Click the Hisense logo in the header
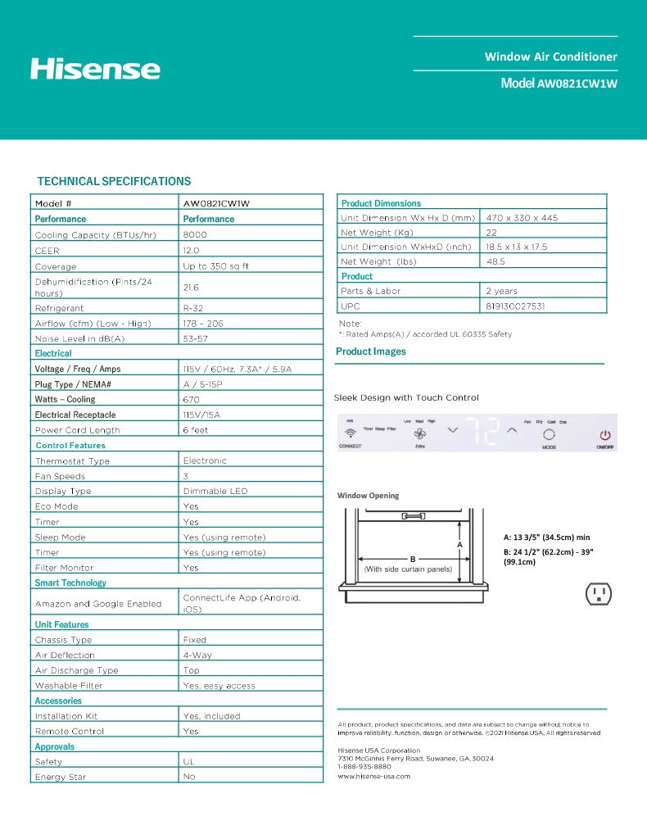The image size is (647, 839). click(x=95, y=68)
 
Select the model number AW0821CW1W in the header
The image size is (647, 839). click(x=577, y=84)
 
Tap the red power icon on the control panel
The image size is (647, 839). click(x=605, y=436)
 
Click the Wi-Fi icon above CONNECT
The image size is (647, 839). click(x=351, y=433)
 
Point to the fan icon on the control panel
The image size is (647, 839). click(x=419, y=434)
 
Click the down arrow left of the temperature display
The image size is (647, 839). click(x=452, y=430)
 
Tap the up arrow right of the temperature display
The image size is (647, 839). click(x=512, y=429)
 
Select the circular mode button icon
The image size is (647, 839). click(x=549, y=435)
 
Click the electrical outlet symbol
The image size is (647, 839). click(x=599, y=593)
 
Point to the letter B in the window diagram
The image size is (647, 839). click(x=413, y=558)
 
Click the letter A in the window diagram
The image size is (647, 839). click(x=459, y=544)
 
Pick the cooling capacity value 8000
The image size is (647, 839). click(x=195, y=235)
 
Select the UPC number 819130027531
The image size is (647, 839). click(x=515, y=306)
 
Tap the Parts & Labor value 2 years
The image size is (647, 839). click(x=501, y=291)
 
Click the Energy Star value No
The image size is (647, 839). click(x=189, y=777)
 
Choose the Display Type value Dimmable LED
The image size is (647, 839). click(x=215, y=491)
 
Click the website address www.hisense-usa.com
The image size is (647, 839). click(x=374, y=775)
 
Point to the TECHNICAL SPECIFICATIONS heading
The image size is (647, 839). click(x=114, y=181)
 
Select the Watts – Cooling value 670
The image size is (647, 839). click(x=191, y=399)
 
